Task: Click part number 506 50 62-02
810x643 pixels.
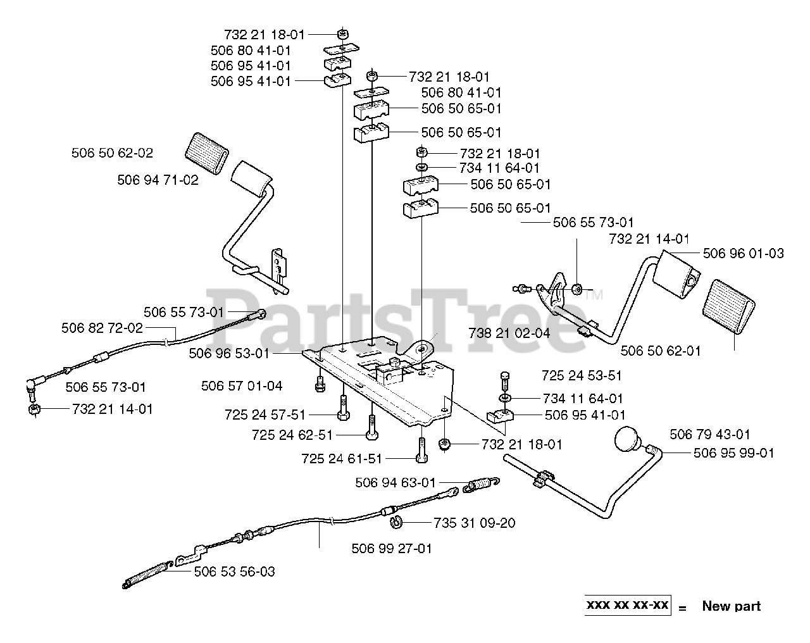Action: click(x=112, y=153)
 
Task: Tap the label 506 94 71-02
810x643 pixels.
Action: click(x=158, y=180)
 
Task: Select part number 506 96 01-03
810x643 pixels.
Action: click(x=743, y=254)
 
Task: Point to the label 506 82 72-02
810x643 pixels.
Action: click(x=102, y=328)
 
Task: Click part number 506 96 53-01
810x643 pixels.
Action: click(x=228, y=353)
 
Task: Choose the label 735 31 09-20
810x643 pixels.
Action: click(x=474, y=523)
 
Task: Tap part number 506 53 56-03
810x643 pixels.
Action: click(x=234, y=571)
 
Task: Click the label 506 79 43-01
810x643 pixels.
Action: click(x=710, y=434)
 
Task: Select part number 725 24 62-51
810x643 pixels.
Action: click(x=292, y=435)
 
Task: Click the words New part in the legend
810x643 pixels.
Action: click(x=731, y=606)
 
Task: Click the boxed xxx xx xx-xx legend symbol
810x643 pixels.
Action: click(x=627, y=605)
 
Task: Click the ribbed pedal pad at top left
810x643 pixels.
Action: click(x=206, y=153)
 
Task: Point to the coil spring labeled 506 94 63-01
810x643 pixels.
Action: click(x=482, y=486)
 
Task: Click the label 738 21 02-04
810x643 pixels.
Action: click(x=509, y=333)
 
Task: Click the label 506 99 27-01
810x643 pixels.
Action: click(x=392, y=548)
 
